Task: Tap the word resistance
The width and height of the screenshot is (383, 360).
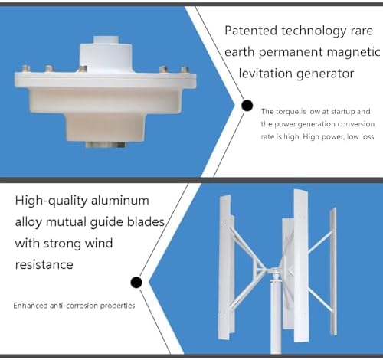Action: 44,264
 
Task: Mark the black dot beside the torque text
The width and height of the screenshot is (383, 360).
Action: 247,106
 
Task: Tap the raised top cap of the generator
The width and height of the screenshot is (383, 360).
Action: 105,55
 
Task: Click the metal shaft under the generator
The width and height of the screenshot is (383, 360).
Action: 104,144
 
